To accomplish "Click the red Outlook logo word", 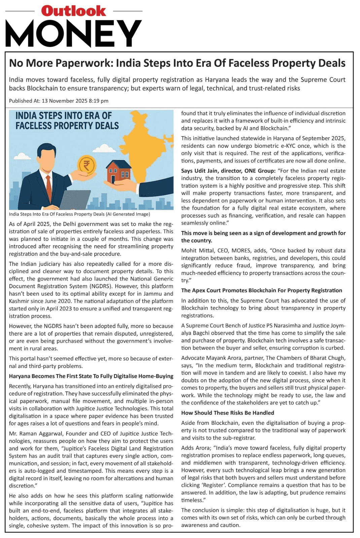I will click(x=73, y=11).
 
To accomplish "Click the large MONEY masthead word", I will click(x=73, y=34).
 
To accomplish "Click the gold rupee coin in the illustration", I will click(x=87, y=165).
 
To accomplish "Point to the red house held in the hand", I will click(x=118, y=171).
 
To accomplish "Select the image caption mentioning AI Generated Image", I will click(x=79, y=214).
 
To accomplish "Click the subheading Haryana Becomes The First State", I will click(x=91, y=376).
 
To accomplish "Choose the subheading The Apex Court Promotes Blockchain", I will click(x=261, y=291).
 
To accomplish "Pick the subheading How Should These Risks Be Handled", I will click(x=227, y=413).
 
